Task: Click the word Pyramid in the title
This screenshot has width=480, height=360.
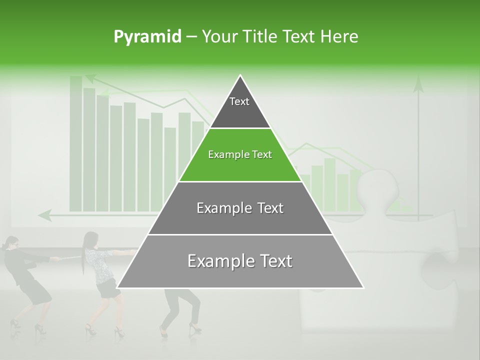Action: click(147, 37)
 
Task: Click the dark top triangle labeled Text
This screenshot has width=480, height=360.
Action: click(240, 107)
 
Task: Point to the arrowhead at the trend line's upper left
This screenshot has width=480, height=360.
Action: click(90, 78)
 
